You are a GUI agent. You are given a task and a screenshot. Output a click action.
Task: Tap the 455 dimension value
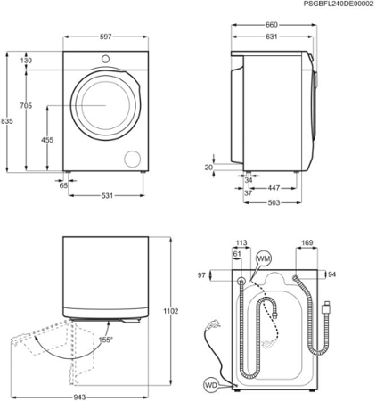[x=46, y=139]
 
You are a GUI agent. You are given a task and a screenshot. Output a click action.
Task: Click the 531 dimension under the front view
[x=107, y=196]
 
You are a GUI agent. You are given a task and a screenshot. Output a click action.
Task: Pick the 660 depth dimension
[x=274, y=25]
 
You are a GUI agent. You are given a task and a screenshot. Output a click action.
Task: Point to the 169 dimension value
[x=307, y=241]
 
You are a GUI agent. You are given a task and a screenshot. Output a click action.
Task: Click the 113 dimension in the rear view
[x=241, y=241]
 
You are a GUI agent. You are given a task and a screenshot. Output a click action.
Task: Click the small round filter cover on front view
[x=133, y=159]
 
